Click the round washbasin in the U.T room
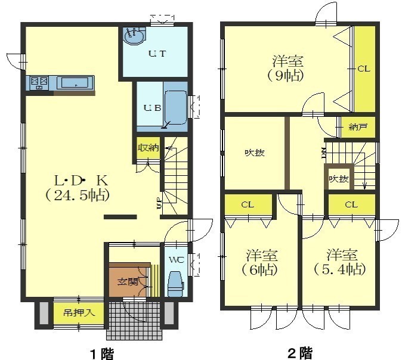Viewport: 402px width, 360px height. (134, 36)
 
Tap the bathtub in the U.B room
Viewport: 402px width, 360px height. (175, 107)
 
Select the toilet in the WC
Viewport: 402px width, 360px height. (175, 284)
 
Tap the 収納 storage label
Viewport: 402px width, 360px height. (149, 148)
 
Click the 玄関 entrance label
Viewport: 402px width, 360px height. (128, 283)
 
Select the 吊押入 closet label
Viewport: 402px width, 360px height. (79, 313)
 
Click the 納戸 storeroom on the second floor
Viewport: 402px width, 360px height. (358, 128)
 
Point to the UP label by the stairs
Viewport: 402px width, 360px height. (159, 203)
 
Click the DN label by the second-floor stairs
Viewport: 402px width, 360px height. (323, 153)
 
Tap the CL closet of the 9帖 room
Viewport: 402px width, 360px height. (364, 69)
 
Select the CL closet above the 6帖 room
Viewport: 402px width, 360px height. (248, 204)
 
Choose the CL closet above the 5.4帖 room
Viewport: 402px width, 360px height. (352, 204)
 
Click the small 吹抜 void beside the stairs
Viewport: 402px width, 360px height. (339, 179)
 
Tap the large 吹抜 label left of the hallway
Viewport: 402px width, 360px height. (255, 153)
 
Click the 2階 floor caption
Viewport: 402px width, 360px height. (301, 353)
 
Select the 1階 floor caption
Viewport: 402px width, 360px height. (103, 354)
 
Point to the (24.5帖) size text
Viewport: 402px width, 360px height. (78, 196)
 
